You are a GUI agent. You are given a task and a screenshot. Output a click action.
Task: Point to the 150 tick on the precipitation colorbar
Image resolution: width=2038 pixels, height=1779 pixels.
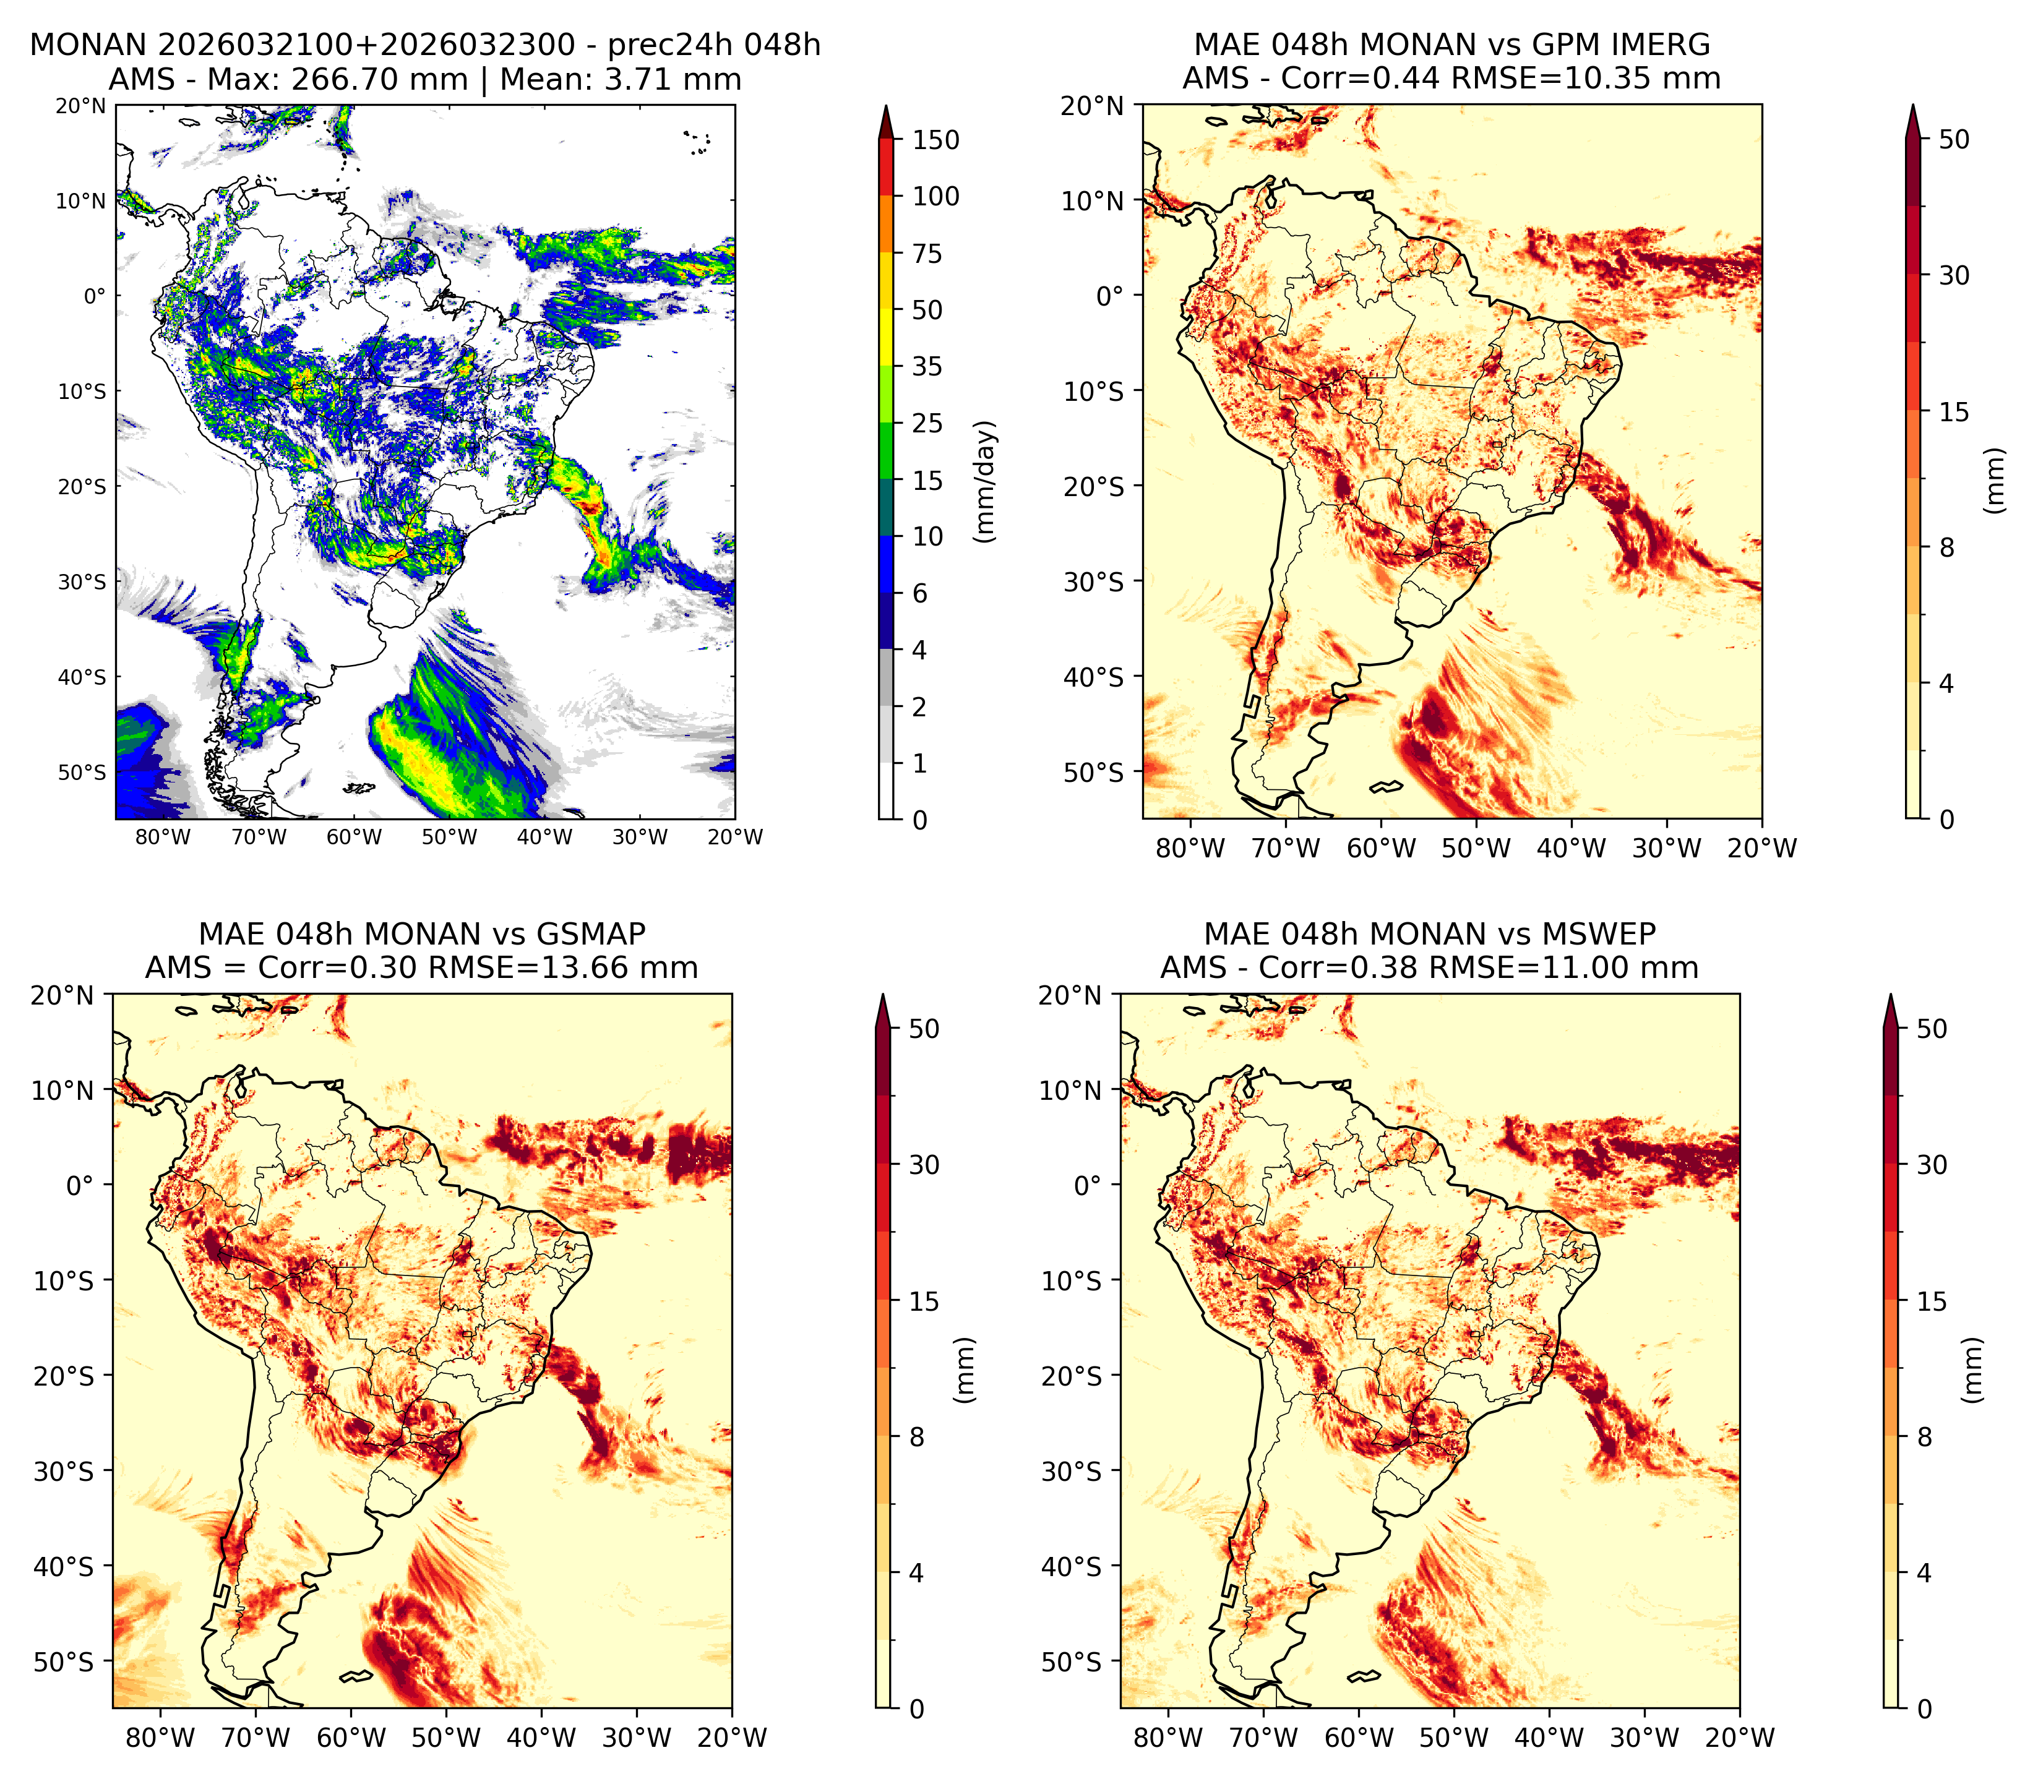point(936,141)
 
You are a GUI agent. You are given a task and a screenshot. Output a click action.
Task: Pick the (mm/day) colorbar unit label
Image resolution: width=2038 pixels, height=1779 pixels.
point(985,481)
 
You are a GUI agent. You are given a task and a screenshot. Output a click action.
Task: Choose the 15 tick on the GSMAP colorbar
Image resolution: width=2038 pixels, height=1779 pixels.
point(923,1301)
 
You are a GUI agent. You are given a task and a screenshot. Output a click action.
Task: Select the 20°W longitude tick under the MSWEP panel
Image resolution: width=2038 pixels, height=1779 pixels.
point(1739,1738)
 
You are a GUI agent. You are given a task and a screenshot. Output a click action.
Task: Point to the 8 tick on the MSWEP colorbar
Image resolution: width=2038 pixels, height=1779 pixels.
point(1924,1438)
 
